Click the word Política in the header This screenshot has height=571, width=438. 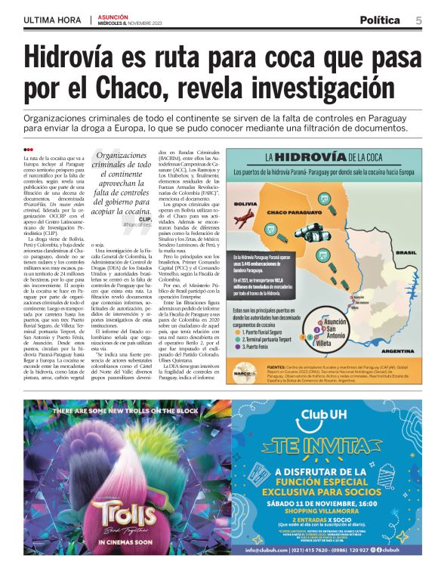(384, 20)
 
